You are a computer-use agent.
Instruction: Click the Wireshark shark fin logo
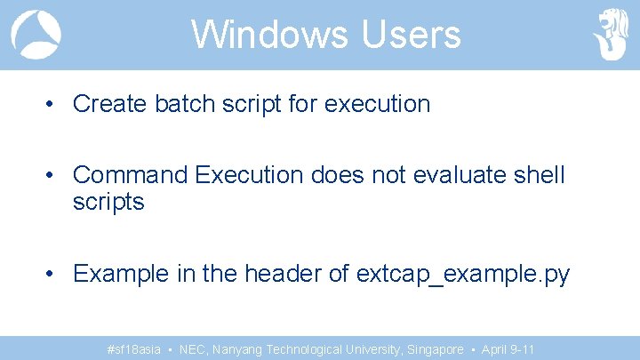[x=36, y=35]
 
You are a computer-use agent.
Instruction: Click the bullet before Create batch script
[x=54, y=104]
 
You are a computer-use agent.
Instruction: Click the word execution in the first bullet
[x=378, y=104]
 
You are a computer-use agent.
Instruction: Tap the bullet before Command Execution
[x=54, y=175]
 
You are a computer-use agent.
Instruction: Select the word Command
[x=131, y=175]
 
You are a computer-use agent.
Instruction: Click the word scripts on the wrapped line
[x=108, y=203]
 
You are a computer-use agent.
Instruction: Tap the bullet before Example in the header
[x=54, y=274]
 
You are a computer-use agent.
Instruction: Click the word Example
[x=124, y=274]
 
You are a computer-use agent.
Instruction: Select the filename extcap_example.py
[x=462, y=275]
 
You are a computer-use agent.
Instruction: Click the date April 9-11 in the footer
[x=508, y=350]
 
